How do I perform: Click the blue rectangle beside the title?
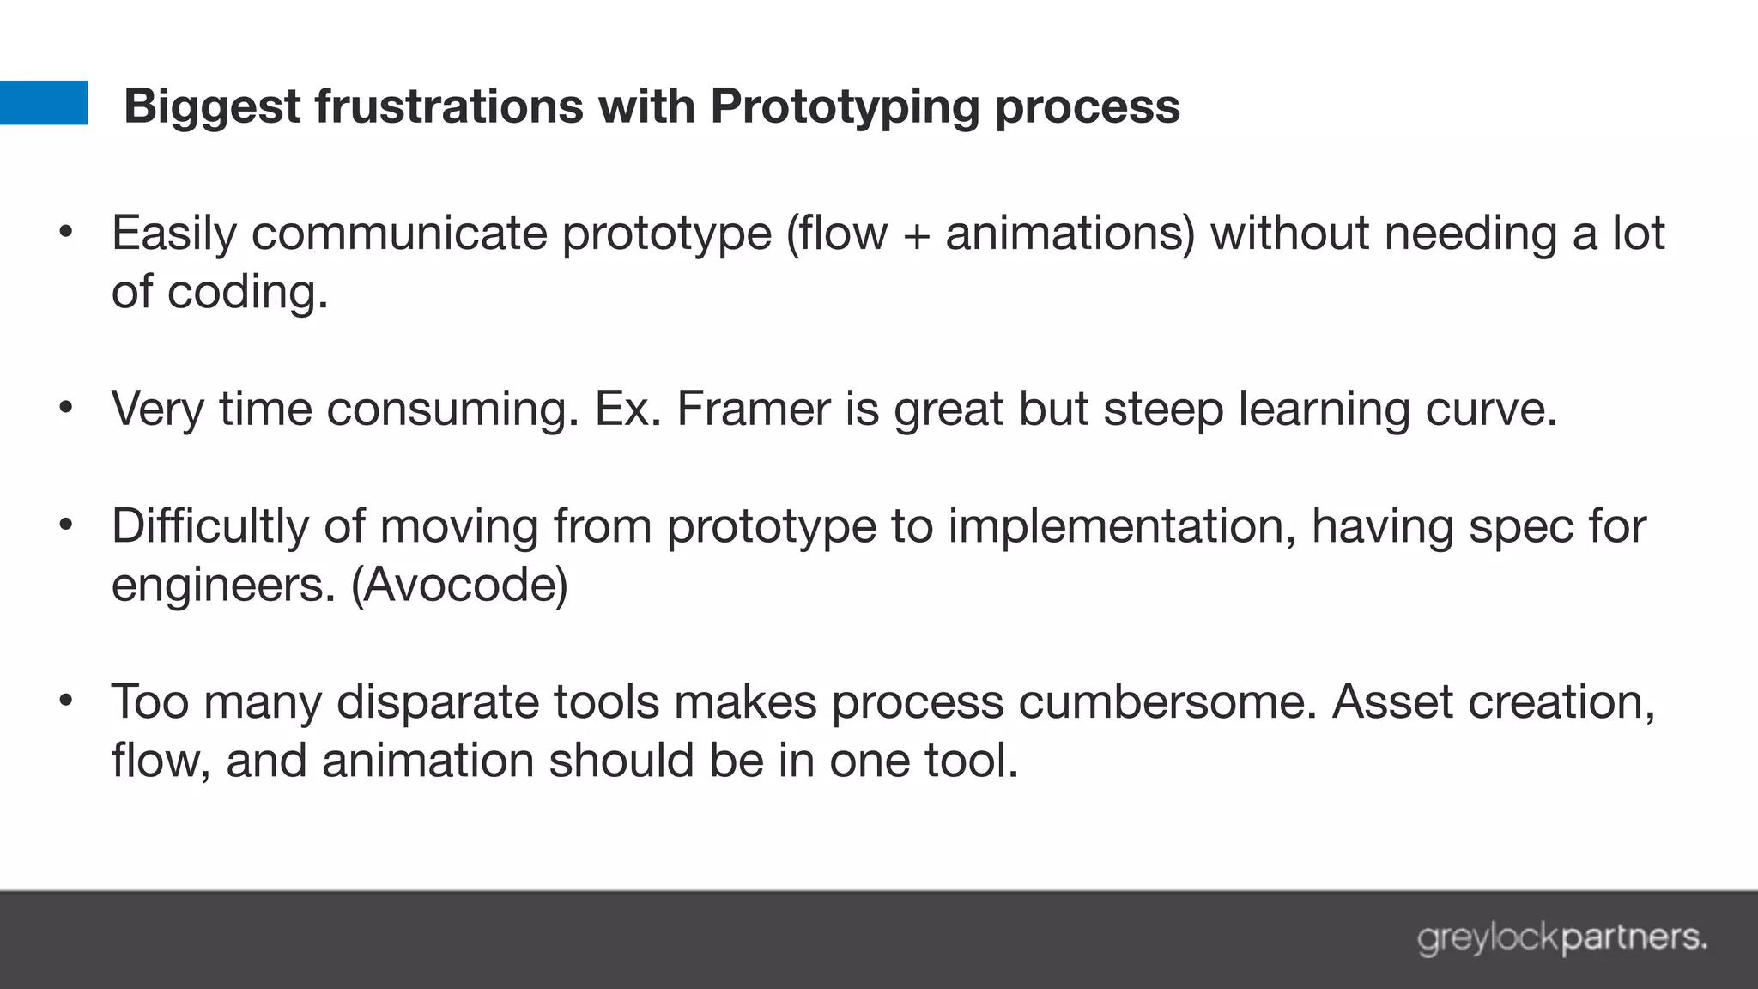click(x=43, y=103)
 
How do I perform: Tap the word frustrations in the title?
click(x=449, y=106)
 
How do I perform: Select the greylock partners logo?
click(x=1561, y=937)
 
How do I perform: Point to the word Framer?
click(x=753, y=409)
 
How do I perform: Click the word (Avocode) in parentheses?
click(x=459, y=586)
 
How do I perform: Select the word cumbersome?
click(x=1167, y=702)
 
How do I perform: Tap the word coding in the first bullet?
click(x=247, y=293)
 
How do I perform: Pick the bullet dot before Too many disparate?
click(x=66, y=700)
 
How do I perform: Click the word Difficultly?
click(x=209, y=526)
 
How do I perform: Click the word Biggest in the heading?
click(x=212, y=107)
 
